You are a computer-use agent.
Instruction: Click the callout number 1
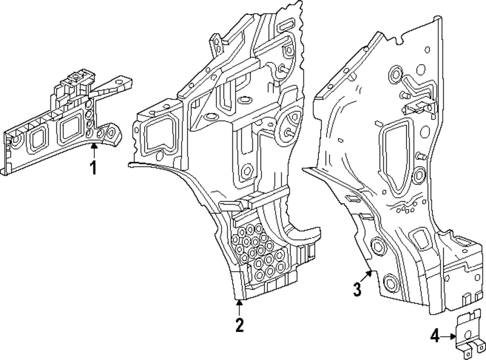point(93,168)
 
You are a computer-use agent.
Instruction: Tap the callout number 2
point(239,325)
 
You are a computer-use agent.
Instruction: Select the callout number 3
point(357,290)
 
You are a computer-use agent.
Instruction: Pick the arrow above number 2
point(239,306)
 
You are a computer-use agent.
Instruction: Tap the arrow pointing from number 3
point(370,274)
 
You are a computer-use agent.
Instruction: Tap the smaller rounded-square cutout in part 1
point(38,140)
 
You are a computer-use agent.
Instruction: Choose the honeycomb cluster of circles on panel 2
point(258,248)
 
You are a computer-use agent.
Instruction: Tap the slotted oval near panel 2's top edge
point(287,25)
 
